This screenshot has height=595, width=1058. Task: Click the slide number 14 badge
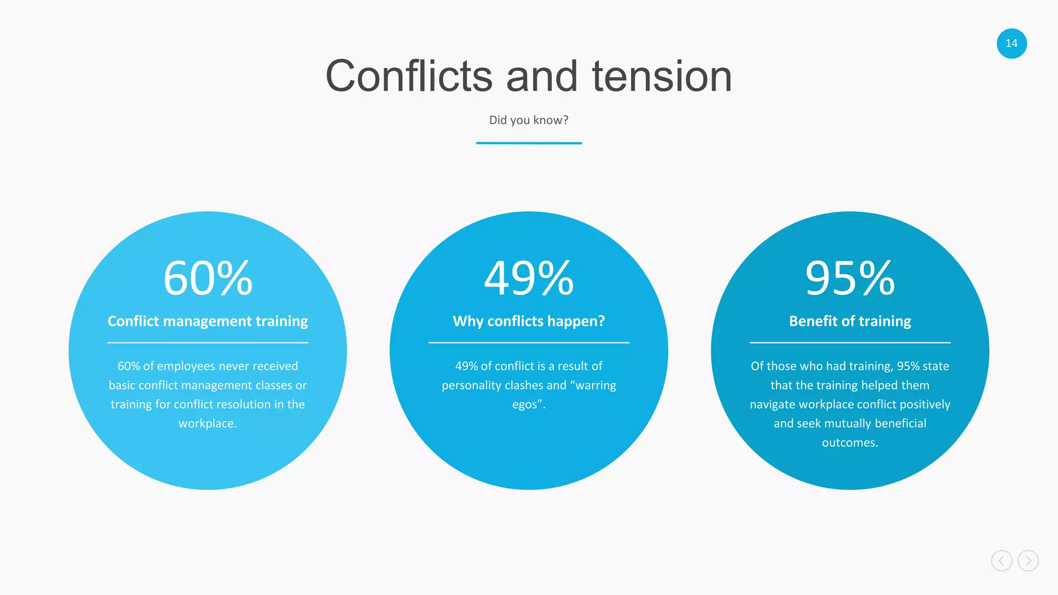1012,43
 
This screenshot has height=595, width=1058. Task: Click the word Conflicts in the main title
409,76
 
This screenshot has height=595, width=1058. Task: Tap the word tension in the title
662,76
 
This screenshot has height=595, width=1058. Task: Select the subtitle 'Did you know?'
528,120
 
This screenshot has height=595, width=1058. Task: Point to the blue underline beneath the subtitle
528,143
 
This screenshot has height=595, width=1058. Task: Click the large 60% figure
208,278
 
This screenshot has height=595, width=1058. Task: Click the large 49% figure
528,278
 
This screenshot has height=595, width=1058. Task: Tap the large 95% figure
850,278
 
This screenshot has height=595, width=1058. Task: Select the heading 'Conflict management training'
208,321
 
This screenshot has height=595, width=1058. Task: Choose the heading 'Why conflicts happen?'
528,321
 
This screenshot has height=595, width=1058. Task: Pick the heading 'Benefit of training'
850,321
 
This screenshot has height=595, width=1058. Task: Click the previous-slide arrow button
1001,561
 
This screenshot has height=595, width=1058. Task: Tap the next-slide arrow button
1028,561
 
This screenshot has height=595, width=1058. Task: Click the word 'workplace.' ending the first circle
208,424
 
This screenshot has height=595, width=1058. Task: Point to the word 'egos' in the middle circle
525,405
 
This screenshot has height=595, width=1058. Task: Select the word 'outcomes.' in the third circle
850,443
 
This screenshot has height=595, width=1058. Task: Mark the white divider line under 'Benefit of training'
850,342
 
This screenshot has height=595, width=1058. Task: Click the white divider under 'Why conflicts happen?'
528,342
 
